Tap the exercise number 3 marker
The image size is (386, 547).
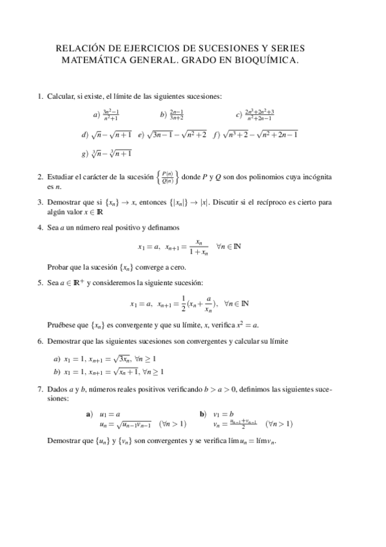click(40, 202)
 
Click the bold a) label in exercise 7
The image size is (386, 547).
click(89, 413)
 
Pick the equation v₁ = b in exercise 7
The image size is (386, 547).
click(223, 413)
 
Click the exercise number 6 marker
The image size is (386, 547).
click(40, 341)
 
